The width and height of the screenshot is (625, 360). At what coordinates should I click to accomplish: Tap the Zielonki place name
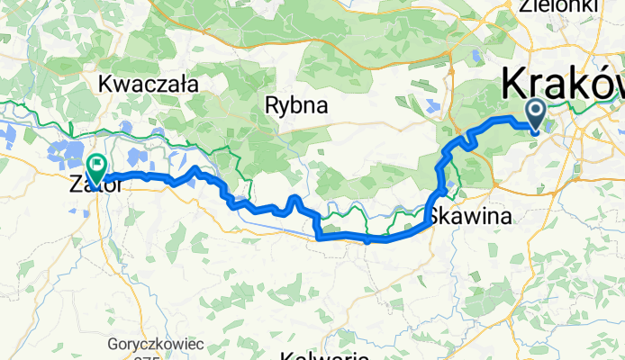(x=558, y=5)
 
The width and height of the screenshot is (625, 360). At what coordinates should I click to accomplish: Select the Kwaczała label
(x=149, y=85)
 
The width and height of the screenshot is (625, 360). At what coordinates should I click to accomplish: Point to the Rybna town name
(x=296, y=105)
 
